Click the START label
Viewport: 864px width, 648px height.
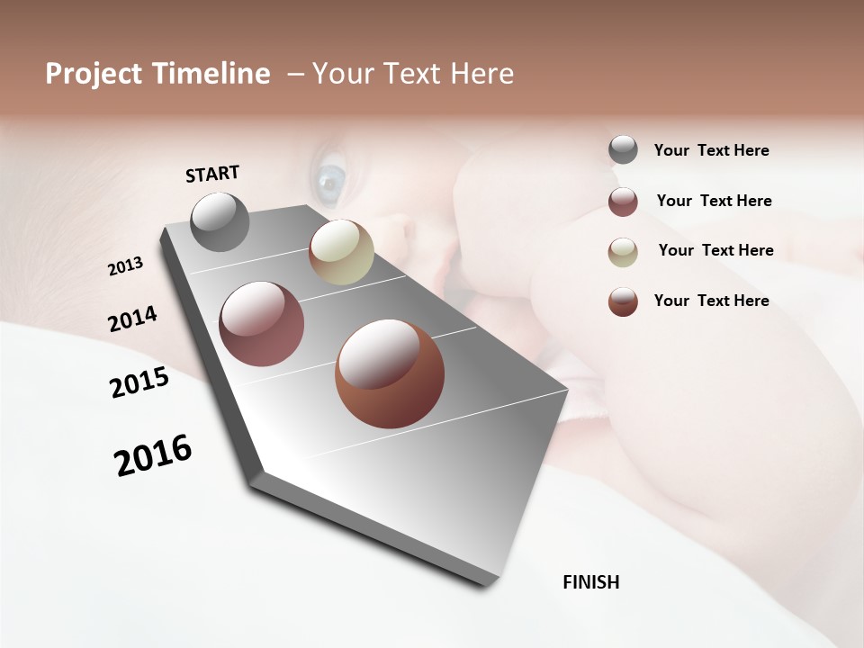[x=212, y=174]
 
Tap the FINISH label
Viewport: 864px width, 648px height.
[x=590, y=582]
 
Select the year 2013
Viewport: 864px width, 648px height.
[x=125, y=266]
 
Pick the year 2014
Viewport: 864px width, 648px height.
[x=132, y=319]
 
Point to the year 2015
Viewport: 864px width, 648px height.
[x=139, y=382]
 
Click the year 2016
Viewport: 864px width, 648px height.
[x=153, y=455]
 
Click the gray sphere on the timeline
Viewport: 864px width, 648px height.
[x=220, y=221]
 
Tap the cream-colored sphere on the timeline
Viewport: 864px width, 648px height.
[x=341, y=252]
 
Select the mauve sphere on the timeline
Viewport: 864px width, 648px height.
[x=261, y=324]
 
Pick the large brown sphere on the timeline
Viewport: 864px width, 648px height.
[x=390, y=373]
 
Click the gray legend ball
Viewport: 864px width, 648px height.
[x=623, y=149]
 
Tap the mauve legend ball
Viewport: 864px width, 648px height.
[x=623, y=202]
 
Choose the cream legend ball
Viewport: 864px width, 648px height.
[x=623, y=252]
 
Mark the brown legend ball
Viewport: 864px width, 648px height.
[x=623, y=301]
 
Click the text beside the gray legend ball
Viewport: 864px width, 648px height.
[x=711, y=151]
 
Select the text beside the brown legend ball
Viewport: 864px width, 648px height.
[x=711, y=301]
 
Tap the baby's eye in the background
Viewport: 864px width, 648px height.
[x=329, y=180]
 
